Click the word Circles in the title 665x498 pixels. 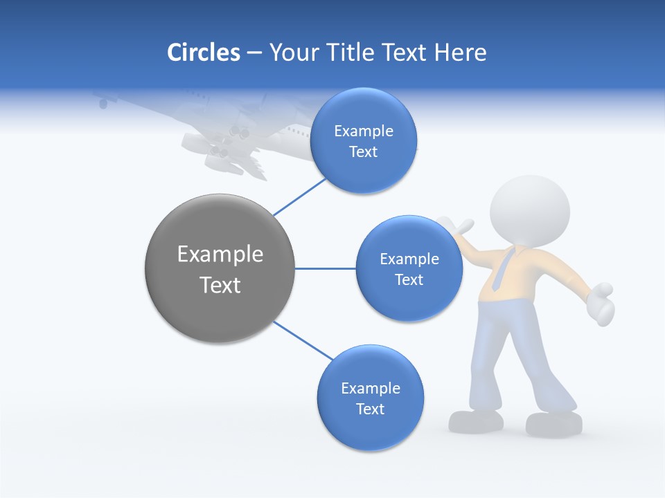(x=204, y=53)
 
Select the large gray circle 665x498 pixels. (x=220, y=268)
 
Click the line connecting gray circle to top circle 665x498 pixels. (x=299, y=196)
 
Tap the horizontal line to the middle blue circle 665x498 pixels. (x=326, y=268)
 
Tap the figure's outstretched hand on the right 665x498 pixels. (x=601, y=303)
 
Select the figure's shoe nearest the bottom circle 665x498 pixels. (x=477, y=421)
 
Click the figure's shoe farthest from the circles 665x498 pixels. (x=554, y=423)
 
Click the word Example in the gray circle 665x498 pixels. (x=220, y=255)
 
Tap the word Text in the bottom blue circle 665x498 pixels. (x=370, y=409)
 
